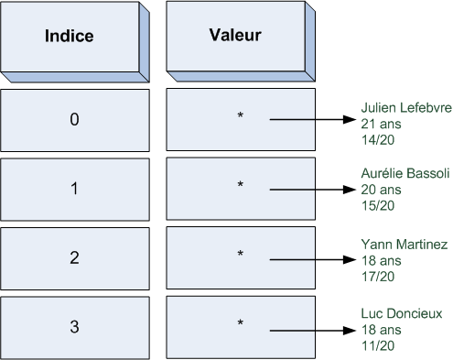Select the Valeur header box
tap(235, 37)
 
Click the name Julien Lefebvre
tap(405, 106)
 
